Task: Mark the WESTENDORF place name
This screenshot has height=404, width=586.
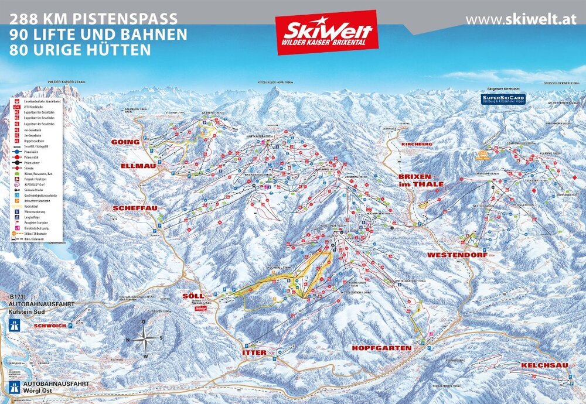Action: click(457, 255)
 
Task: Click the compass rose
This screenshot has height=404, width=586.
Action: click(145, 338)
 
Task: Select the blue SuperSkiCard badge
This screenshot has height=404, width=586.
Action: click(503, 99)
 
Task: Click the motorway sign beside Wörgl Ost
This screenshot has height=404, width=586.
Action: click(14, 388)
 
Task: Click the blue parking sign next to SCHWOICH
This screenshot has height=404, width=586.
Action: click(71, 324)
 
